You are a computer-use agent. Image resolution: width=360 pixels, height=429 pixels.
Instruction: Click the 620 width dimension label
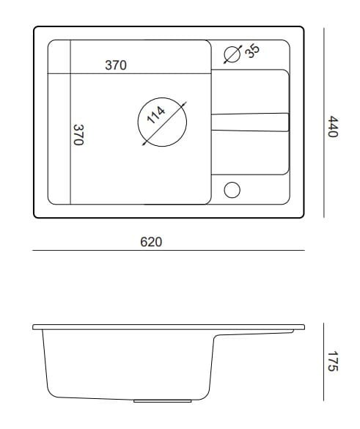click(x=151, y=242)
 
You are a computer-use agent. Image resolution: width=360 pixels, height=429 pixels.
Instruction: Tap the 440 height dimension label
click(x=333, y=126)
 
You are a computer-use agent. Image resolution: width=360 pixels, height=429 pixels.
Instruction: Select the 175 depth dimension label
click(x=333, y=361)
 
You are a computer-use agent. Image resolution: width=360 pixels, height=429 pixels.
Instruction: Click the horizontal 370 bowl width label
click(x=116, y=65)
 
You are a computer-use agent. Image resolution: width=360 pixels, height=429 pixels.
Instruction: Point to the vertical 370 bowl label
click(x=78, y=135)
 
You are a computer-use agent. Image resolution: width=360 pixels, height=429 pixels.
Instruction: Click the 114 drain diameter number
click(x=156, y=115)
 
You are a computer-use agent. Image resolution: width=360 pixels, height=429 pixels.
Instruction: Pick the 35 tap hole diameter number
click(x=252, y=51)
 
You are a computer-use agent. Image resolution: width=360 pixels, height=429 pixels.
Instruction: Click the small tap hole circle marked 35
click(x=232, y=54)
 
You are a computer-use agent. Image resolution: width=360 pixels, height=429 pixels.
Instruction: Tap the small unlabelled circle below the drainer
click(x=232, y=190)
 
